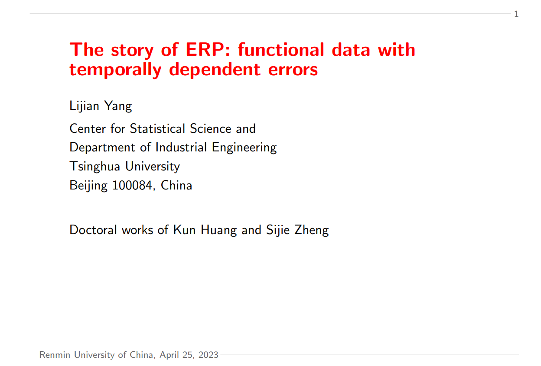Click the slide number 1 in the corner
pyautogui.click(x=516, y=14)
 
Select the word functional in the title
pyautogui.click(x=281, y=49)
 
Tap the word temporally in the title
pyautogui.click(x=115, y=70)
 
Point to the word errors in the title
pyautogui.click(x=293, y=70)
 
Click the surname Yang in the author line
pyautogui.click(x=118, y=106)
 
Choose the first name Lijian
pyautogui.click(x=84, y=106)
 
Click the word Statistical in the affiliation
pyautogui.click(x=157, y=128)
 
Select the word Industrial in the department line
pyautogui.click(x=181, y=148)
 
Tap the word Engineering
pyautogui.click(x=244, y=148)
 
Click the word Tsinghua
pyautogui.click(x=95, y=167)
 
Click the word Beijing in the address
pyautogui.click(x=88, y=186)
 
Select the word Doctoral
pyautogui.click(x=93, y=230)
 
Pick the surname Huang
pyautogui.click(x=219, y=230)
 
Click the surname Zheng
pyautogui.click(x=312, y=230)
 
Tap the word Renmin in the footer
pyautogui.click(x=55, y=355)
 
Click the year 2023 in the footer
pyautogui.click(x=208, y=355)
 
